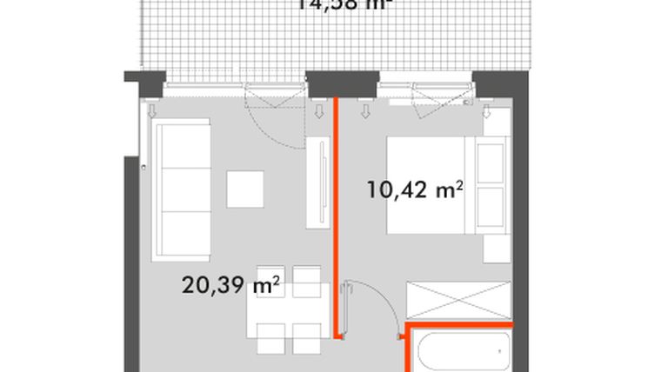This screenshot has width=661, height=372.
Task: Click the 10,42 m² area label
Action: tap(413, 189)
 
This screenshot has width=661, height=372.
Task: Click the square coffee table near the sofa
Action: tap(245, 189)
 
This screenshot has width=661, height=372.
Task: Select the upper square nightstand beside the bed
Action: tap(491, 160)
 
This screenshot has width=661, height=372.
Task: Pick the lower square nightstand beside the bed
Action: tap(491, 206)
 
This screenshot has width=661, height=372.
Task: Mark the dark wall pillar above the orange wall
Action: tap(335, 83)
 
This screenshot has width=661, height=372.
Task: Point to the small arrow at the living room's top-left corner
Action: tap(153, 110)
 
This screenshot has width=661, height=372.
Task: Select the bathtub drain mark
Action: tap(499, 351)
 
